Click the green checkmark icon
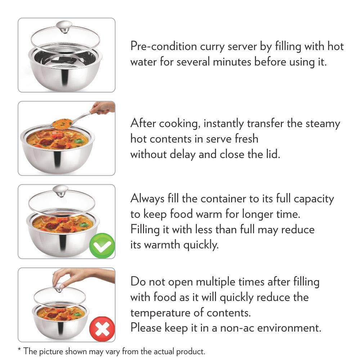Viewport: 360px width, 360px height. coord(102,246)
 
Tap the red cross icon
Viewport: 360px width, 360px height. coord(102,329)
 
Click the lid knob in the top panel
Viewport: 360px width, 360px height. coord(64,27)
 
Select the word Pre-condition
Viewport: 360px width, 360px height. coord(164,46)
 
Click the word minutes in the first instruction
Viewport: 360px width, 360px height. coord(232,62)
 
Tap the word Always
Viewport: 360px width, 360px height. coord(147,198)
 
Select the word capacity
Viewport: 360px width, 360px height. coord(314,199)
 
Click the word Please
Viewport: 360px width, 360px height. coord(146,327)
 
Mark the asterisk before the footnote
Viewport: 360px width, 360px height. coord(19,350)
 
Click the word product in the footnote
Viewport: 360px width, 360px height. coord(190,352)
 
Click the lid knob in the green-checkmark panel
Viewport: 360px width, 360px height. coord(60,191)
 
